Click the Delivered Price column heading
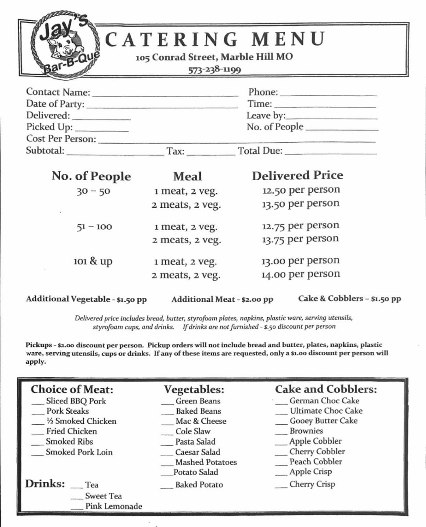[297, 175]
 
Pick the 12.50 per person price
[301, 191]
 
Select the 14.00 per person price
[301, 274]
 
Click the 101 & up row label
[93, 262]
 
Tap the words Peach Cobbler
[315, 462]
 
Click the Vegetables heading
[194, 390]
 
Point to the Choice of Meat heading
[72, 390]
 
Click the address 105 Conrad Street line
[214, 57]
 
